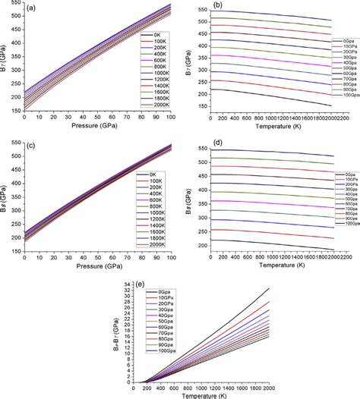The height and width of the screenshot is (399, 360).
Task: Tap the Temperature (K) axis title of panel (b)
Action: pos(270,133)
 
